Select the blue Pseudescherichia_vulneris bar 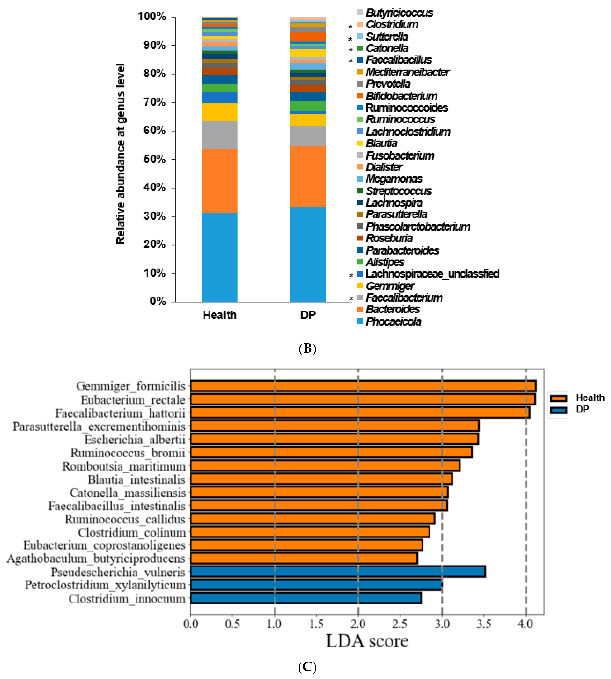(x=337, y=572)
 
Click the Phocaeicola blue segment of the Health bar (x=220, y=257)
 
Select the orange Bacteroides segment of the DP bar (x=308, y=176)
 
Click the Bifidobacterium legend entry (x=401, y=96)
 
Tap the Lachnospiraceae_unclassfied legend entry (x=432, y=274)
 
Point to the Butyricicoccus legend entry (x=399, y=13)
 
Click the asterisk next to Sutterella (x=350, y=39)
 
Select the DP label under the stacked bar (x=308, y=315)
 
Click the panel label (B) (x=307, y=349)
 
